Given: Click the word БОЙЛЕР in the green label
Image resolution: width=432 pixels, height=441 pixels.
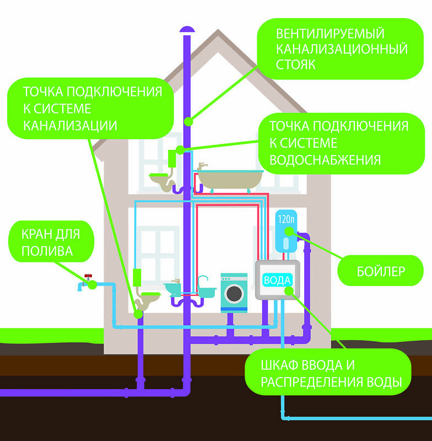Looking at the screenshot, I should [x=379, y=271].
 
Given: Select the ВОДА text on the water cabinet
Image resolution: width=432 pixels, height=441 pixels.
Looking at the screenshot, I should [x=277, y=280].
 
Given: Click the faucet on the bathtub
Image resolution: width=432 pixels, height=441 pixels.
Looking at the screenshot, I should [x=203, y=166].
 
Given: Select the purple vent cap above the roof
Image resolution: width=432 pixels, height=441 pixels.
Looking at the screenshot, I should [x=187, y=28].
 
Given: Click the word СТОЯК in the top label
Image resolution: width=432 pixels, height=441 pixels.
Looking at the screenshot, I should [x=296, y=64].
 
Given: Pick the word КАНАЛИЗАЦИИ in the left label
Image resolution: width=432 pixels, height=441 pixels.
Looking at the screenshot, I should [x=70, y=125].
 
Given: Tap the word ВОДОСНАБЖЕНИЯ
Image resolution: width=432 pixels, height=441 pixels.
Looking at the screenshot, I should [x=325, y=160].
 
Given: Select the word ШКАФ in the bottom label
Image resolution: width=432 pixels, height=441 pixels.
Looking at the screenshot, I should [x=283, y=366].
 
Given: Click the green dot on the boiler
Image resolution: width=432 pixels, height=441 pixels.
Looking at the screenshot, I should [x=299, y=236].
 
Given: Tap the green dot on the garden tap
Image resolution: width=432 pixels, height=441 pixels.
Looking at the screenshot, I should [x=92, y=284].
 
